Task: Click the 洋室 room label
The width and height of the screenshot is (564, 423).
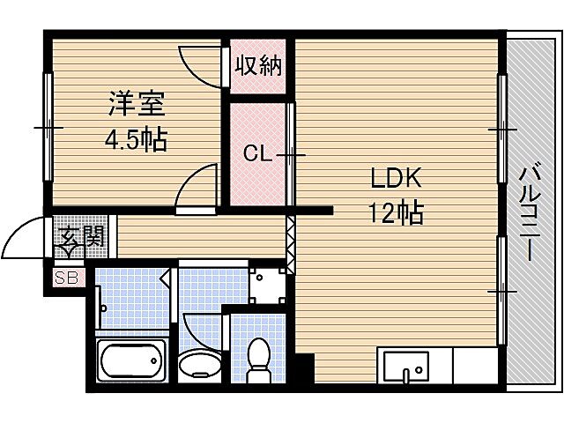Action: [137, 104]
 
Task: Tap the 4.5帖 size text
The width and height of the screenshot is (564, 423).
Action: [137, 139]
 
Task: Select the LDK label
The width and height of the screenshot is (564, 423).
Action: [396, 179]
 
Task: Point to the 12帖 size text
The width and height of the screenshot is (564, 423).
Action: [396, 212]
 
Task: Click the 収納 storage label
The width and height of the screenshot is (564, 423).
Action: [257, 65]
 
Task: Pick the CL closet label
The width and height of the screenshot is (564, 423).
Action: [257, 155]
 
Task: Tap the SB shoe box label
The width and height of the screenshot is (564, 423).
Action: [66, 278]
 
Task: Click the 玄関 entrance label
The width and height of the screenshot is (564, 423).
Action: [83, 236]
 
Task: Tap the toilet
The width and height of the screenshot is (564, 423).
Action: [258, 360]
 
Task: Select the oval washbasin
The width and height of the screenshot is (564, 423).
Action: [200, 364]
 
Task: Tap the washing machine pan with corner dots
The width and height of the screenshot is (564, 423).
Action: [266, 284]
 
